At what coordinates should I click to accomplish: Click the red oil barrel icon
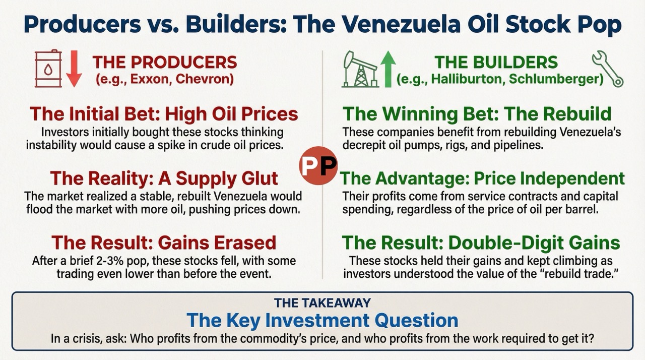(x=48, y=69)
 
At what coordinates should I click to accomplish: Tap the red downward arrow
(x=74, y=69)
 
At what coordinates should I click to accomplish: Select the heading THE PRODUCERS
(x=164, y=62)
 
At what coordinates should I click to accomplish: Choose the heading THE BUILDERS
(x=496, y=62)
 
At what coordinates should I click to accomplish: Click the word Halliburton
(x=466, y=79)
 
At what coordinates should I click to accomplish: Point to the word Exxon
(x=151, y=79)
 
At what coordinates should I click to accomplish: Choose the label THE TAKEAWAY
(x=322, y=303)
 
